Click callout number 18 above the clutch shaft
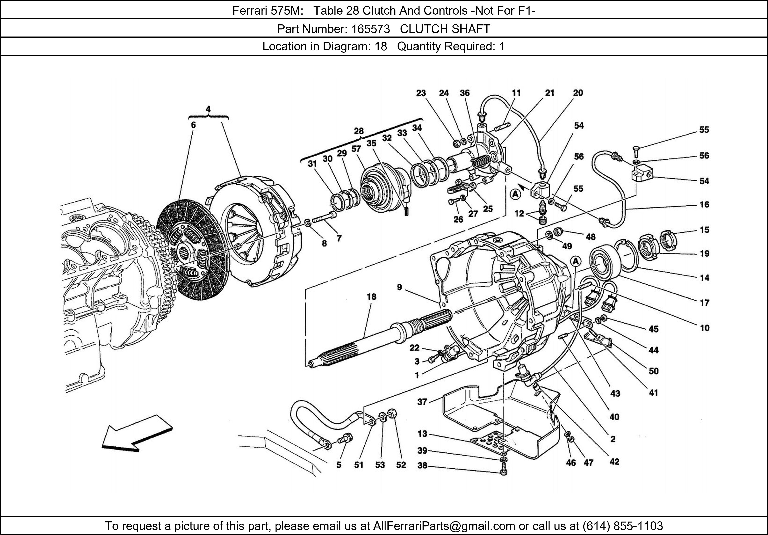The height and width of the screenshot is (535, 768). (371, 297)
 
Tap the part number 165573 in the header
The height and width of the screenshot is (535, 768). (370, 29)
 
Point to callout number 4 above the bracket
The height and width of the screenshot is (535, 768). (208, 109)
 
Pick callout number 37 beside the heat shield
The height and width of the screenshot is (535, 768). (422, 401)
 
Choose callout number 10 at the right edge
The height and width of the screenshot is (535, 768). (704, 328)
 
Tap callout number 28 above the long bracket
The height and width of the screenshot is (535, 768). (359, 131)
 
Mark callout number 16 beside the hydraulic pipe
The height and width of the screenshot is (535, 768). (704, 204)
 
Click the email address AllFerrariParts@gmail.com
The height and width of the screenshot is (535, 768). (444, 526)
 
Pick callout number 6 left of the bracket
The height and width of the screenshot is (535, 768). (193, 125)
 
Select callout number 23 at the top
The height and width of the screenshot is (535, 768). (421, 93)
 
